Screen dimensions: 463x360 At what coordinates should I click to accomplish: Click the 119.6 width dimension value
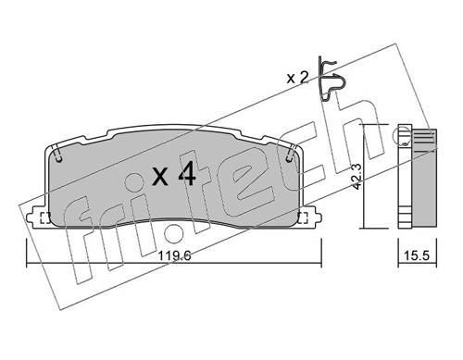[x=175, y=255]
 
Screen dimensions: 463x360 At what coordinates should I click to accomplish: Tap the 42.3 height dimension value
[x=357, y=177]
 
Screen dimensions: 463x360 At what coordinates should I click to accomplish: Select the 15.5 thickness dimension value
[x=417, y=255]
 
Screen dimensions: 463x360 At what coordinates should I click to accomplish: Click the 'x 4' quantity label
[x=174, y=175]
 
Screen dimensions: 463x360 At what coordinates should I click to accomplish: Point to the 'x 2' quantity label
[x=297, y=78]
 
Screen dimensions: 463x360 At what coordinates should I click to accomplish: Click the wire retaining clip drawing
[x=331, y=80]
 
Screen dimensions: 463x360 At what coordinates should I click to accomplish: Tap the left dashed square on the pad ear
[x=45, y=217]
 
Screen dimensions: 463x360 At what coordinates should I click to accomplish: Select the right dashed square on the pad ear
[x=303, y=217]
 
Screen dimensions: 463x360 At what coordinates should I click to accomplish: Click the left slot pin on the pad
[x=57, y=154]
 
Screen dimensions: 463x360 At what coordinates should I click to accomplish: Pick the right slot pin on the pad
[x=291, y=154]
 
